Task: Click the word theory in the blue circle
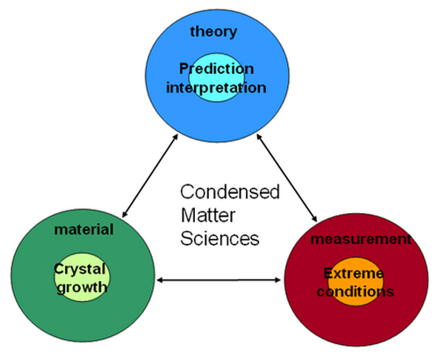point(213,32)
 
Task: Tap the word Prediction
point(217,69)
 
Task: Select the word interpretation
point(216,88)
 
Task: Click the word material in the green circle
point(84,229)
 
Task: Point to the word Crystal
point(80,270)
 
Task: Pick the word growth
point(83,288)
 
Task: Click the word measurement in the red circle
point(361,240)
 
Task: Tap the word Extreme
point(354,274)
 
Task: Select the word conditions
point(356,292)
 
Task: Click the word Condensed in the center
point(230,192)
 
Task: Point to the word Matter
point(208,215)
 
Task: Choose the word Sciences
point(219,239)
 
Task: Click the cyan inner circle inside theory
point(217,77)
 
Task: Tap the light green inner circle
point(83,277)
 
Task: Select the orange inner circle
point(356,282)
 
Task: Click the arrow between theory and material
point(150,176)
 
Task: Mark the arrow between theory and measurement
point(287,177)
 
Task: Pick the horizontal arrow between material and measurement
point(219,280)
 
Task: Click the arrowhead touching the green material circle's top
point(125,213)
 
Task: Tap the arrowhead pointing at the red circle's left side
point(277,280)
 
